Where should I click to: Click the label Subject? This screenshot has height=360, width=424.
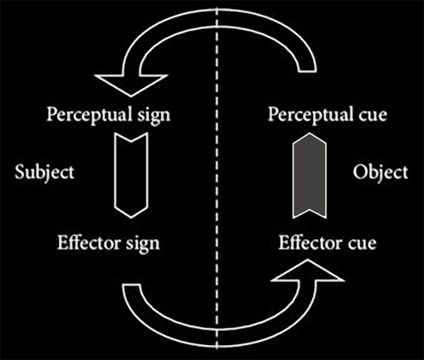(x=44, y=171)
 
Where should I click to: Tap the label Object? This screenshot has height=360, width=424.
(x=380, y=172)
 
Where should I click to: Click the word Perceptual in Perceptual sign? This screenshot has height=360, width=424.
(x=87, y=115)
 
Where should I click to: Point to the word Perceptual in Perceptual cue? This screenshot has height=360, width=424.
(x=307, y=115)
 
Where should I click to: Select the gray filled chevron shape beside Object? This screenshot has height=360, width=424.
(x=309, y=176)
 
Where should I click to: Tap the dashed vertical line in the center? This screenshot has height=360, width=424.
(x=216, y=178)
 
